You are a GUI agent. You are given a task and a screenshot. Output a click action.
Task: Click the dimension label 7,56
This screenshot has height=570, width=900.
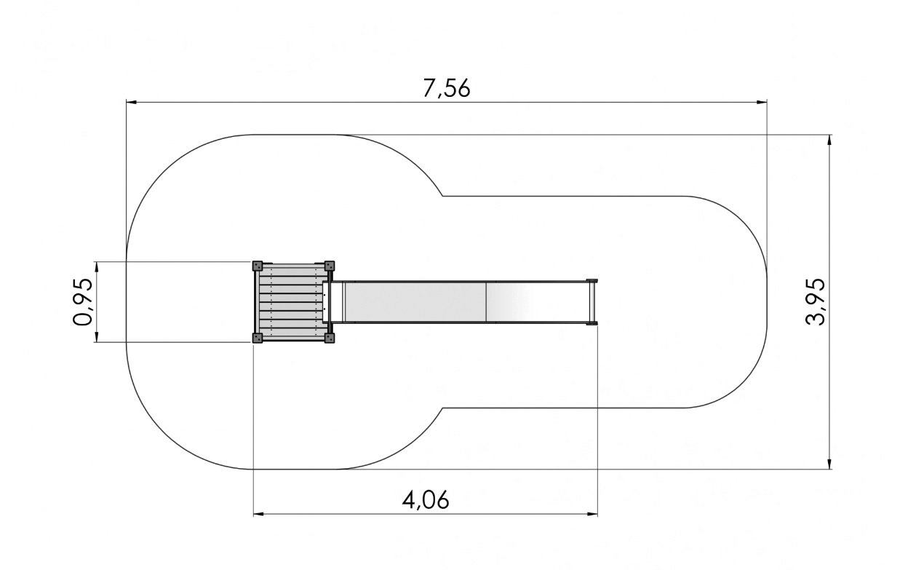446,88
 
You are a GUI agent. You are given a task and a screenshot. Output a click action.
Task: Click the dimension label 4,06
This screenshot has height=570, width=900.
426,500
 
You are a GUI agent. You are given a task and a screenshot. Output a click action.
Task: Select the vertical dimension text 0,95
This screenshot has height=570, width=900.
83,301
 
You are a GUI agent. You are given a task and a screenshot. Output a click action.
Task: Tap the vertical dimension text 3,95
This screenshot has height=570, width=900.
815,301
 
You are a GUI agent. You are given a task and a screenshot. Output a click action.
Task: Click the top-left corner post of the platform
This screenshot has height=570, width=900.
257,266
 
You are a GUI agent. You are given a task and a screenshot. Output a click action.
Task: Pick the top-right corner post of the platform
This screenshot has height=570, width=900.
330,266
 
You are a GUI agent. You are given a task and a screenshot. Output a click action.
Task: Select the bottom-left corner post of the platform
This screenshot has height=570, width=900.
257,338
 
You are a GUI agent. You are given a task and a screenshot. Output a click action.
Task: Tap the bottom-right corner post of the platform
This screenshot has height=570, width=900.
330,338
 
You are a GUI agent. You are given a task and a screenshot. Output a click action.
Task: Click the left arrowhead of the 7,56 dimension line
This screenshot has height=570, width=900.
132,103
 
